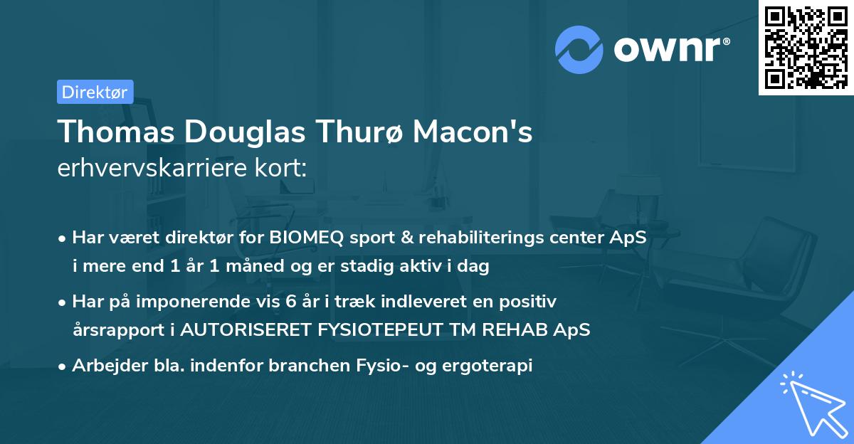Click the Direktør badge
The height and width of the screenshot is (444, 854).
(x=95, y=92)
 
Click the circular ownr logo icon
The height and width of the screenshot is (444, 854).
(x=579, y=50)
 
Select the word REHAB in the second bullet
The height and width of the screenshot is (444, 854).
(x=512, y=330)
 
